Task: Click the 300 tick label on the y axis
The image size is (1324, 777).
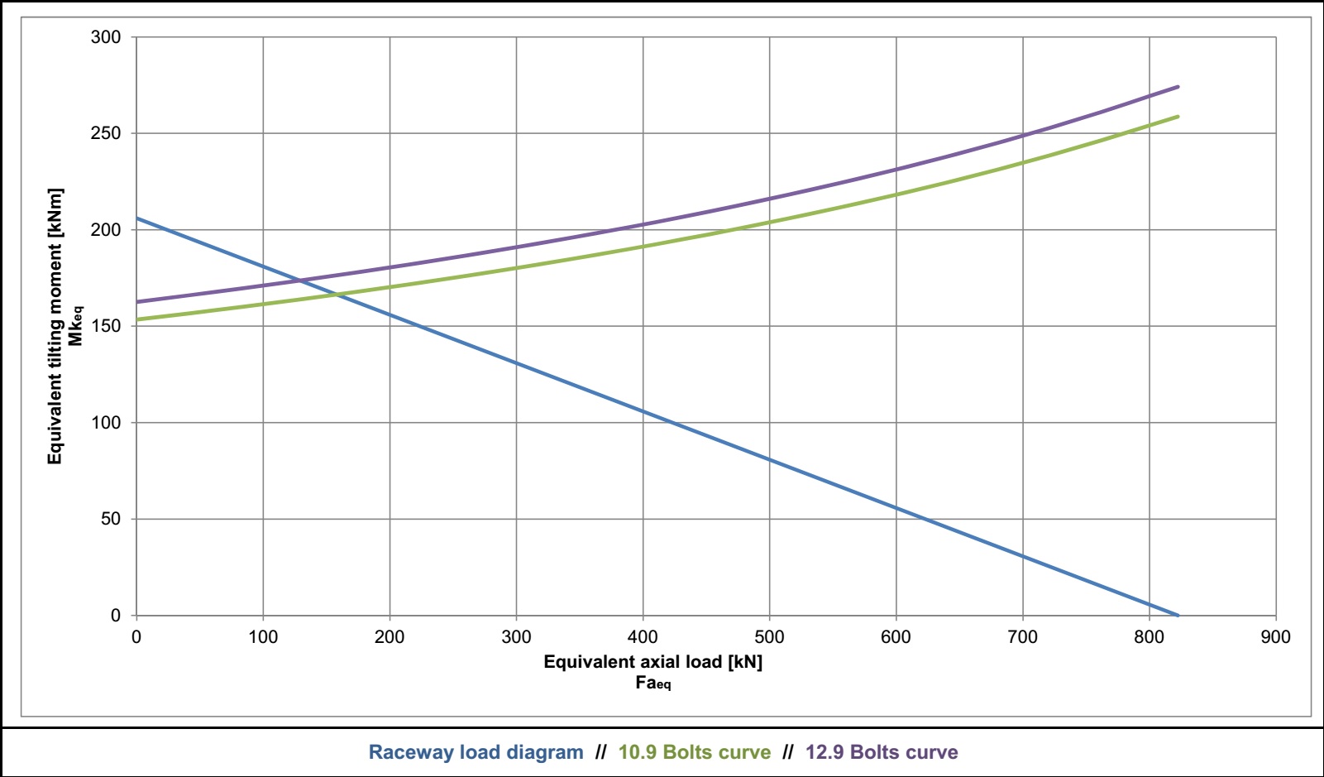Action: coord(106,37)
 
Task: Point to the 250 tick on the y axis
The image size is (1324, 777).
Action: coord(106,133)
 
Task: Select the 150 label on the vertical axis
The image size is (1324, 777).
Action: coord(106,326)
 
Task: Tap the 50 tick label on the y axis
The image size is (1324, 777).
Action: coord(111,519)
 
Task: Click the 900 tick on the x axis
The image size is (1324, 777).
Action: coord(1275,637)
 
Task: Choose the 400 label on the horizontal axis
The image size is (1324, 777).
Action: coord(643,637)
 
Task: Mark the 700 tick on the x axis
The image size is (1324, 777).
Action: coord(1022,637)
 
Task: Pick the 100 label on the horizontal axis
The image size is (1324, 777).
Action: coord(263,637)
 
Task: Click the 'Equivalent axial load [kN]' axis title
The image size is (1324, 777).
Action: coord(652,662)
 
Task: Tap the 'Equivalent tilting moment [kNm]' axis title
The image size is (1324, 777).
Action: coord(55,326)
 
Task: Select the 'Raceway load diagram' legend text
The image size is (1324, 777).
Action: coord(476,752)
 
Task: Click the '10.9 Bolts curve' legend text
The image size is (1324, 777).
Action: coord(695,752)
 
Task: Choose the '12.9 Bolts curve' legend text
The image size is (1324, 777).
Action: coord(882,752)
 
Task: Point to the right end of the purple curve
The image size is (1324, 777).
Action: coord(1178,86)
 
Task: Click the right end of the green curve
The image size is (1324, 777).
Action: coord(1178,117)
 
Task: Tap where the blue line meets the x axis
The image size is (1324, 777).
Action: coord(1178,616)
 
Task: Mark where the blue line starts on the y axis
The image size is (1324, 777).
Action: coord(136,218)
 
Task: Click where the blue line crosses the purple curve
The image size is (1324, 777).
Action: coord(299,281)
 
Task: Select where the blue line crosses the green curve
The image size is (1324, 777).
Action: coord(336,294)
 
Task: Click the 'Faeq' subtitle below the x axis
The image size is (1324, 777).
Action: coord(652,683)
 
